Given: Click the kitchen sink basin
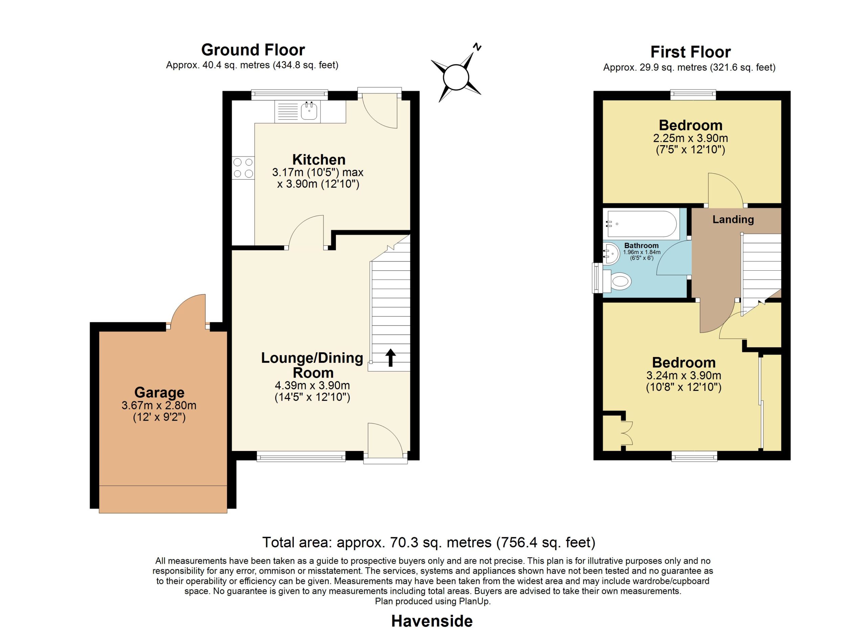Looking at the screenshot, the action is point(309,111).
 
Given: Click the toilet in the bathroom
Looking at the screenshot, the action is point(617,282).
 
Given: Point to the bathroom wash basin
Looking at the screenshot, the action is point(611,253).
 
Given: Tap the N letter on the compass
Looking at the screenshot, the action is point(477,47).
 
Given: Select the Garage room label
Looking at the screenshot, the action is point(159,392).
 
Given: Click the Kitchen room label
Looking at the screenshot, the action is point(319,159).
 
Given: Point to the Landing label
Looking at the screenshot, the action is point(733,220).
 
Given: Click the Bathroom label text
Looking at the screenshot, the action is point(641,246).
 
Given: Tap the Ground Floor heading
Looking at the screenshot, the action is point(253,50).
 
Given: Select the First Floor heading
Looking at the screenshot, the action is point(690,52).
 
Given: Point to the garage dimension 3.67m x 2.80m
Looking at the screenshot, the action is point(159,405).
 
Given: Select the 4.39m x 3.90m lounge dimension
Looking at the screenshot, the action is point(312,385).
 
